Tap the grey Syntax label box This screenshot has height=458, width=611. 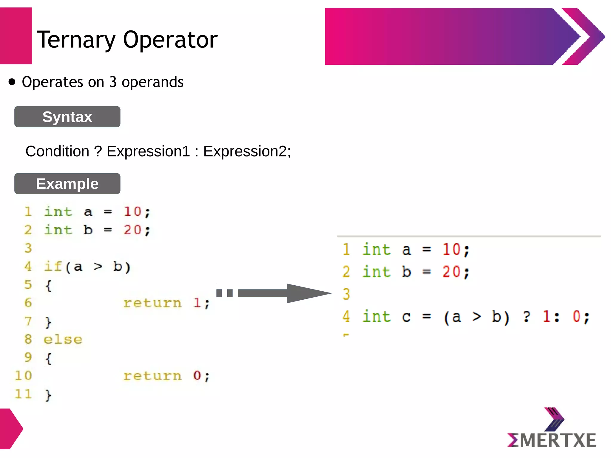pos(67,117)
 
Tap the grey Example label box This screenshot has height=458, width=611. pos(67,184)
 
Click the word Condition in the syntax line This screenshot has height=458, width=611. pos(57,151)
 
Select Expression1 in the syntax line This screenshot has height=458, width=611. pos(148,151)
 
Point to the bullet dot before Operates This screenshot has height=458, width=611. pos(12,82)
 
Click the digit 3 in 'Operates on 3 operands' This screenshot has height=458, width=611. pos(113,82)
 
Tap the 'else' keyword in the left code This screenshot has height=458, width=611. pos(63,340)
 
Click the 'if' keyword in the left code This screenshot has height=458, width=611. pos(53,266)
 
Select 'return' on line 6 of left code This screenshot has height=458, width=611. pos(152,303)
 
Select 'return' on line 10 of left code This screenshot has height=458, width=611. pos(152,376)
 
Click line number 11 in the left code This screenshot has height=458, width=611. pos(23,394)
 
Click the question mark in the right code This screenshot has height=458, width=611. pos(527,317)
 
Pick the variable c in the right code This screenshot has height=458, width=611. pos(406,317)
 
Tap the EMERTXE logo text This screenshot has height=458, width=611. pos(552,440)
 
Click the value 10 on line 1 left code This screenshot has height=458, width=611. pos(132,212)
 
